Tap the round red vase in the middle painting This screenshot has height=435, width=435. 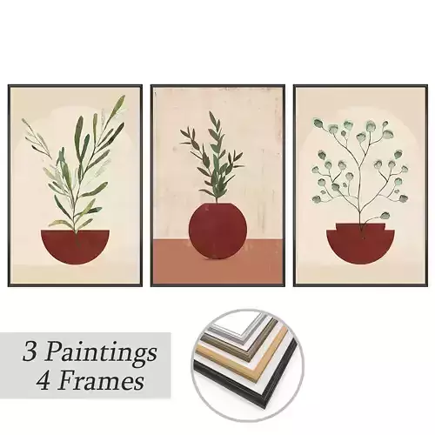pyautogui.click(x=217, y=231)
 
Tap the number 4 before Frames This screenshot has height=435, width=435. pyautogui.click(x=48, y=380)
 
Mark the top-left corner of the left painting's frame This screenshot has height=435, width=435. pyautogui.click(x=10, y=85)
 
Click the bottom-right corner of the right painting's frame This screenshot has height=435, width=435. pyautogui.click(x=425, y=285)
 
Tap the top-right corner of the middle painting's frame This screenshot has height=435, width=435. pyautogui.click(x=284, y=85)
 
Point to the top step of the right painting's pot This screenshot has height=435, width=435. pyautogui.click(x=359, y=225)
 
